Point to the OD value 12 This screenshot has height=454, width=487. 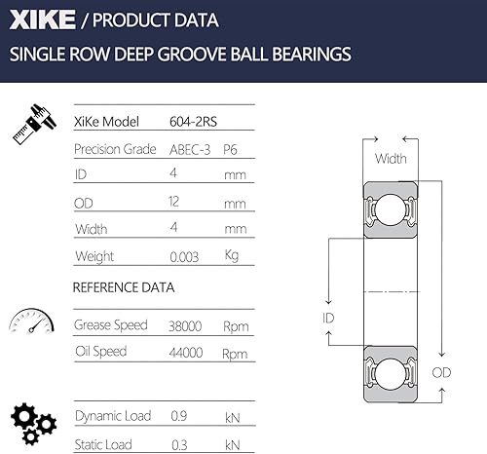point(177,203)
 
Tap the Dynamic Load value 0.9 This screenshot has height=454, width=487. point(177,417)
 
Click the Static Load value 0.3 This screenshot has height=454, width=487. point(177,444)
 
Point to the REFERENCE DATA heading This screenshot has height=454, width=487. point(124,288)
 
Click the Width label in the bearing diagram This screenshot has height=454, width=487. point(390,159)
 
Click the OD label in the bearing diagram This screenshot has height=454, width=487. point(442,372)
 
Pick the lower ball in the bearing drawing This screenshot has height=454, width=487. point(390,372)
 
